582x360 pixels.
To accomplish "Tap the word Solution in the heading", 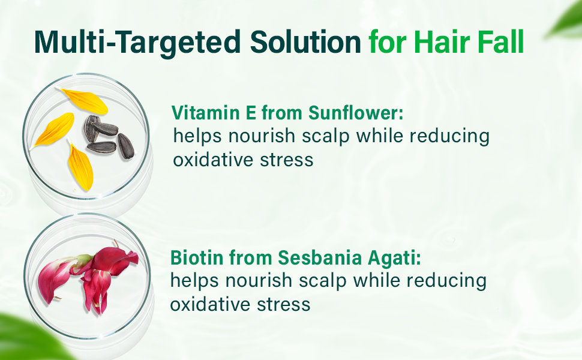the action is click(x=305, y=41).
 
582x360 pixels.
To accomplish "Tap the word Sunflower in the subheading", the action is click(x=356, y=112).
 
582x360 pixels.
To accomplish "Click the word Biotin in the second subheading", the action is click(x=197, y=257).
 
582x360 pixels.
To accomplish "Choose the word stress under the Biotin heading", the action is click(x=284, y=305).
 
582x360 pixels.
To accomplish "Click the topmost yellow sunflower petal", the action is click(x=84, y=101).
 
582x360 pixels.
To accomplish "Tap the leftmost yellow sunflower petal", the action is click(x=54, y=130).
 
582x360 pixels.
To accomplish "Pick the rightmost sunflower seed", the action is click(x=126, y=146).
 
